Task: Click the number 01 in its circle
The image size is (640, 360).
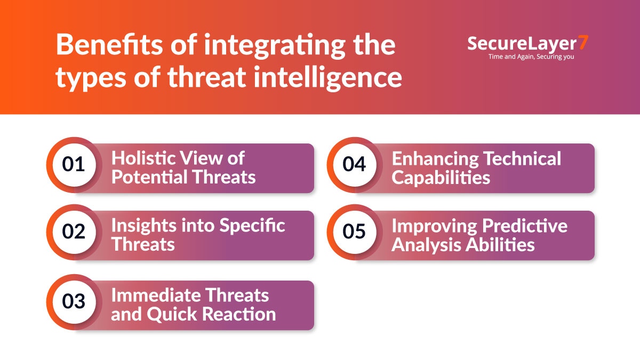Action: coord(74,164)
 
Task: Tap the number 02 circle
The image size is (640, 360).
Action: coord(74,232)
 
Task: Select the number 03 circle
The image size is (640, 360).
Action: coord(74,301)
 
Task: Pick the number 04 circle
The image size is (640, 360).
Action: coord(354,164)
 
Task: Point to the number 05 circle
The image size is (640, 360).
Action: coord(354,232)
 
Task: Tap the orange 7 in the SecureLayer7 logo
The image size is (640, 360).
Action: coord(583,43)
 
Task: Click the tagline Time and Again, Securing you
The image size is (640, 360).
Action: coord(531,56)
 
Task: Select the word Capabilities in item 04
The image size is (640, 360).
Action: coord(441,177)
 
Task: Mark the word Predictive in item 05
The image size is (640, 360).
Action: coord(525,226)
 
